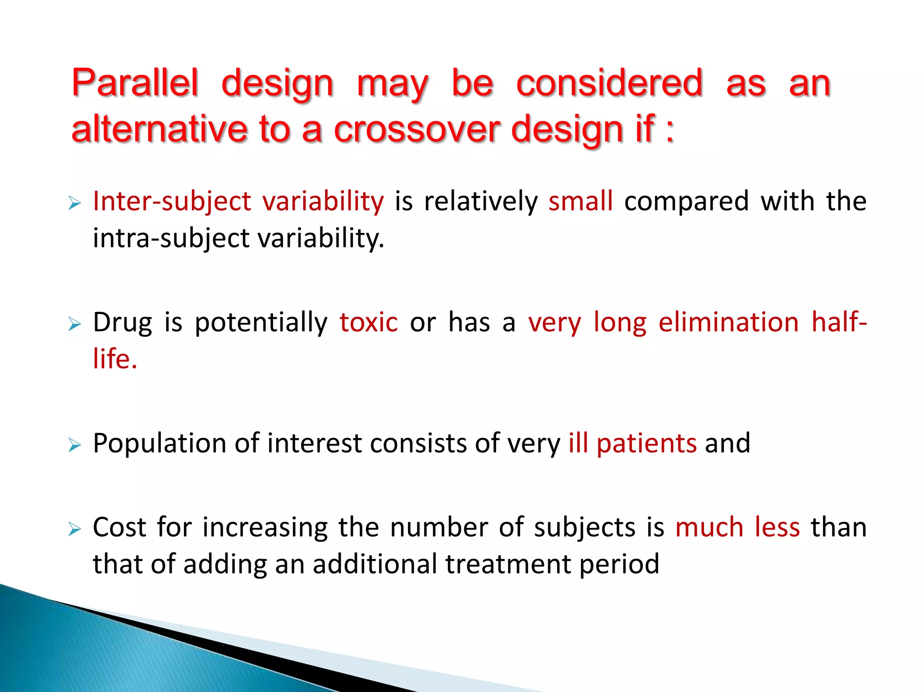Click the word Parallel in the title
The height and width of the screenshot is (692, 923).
pyautogui.click(x=135, y=83)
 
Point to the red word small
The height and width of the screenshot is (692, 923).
pyautogui.click(x=580, y=201)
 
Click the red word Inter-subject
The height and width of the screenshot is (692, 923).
pyautogui.click(x=172, y=202)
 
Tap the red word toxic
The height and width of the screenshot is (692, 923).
pyautogui.click(x=369, y=323)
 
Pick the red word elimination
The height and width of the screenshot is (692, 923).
pyautogui.click(x=728, y=323)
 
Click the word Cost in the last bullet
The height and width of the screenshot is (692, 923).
pyautogui.click(x=119, y=527)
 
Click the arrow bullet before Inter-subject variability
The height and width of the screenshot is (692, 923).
pyautogui.click(x=74, y=203)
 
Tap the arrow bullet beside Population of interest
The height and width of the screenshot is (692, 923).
pyautogui.click(x=74, y=446)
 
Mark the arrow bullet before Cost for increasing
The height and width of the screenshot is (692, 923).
pyautogui.click(x=74, y=529)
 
